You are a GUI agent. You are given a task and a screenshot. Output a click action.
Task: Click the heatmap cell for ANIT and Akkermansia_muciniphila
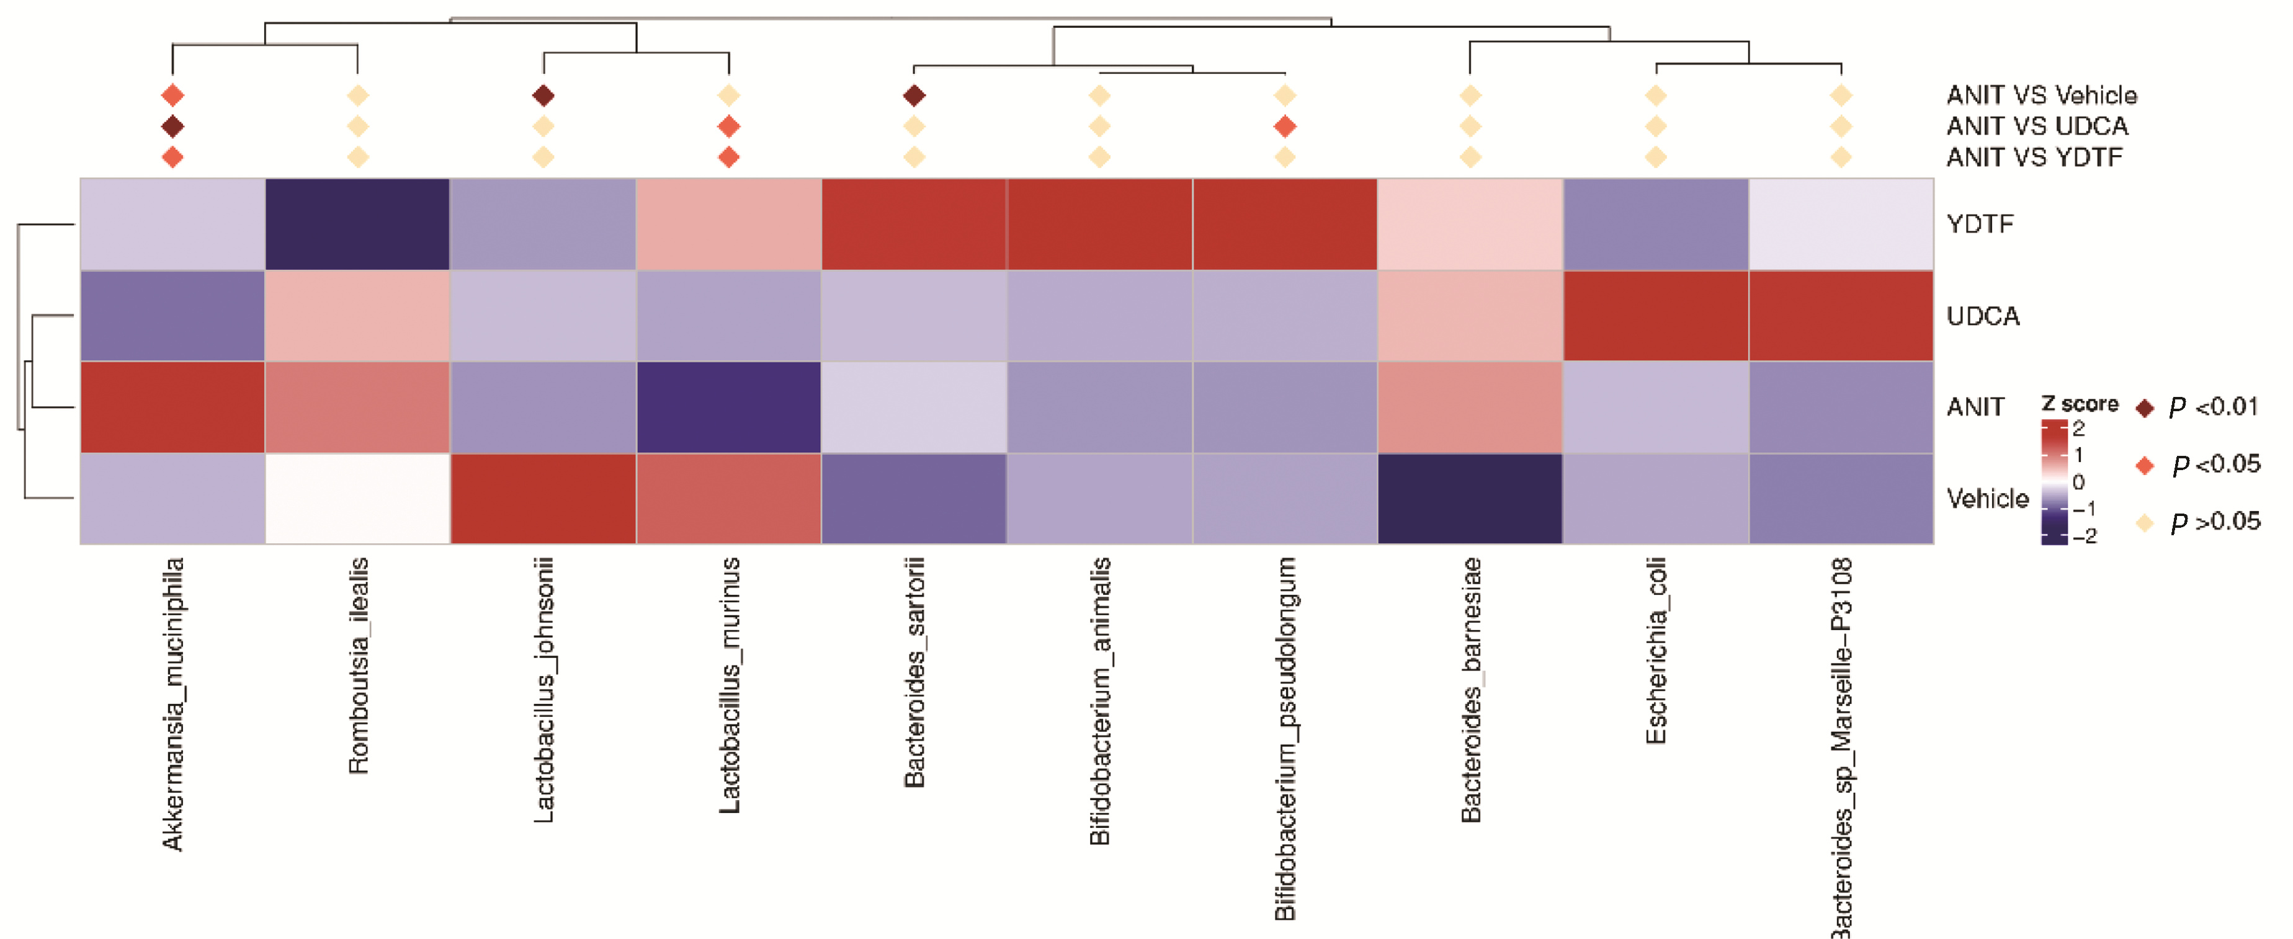172,407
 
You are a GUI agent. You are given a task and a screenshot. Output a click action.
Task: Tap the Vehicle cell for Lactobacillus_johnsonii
543,499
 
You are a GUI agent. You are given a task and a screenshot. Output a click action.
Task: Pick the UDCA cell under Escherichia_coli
1656,316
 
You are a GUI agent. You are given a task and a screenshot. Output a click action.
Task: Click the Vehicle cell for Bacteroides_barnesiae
1470,499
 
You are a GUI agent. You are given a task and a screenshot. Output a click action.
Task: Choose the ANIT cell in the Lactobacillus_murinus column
728,407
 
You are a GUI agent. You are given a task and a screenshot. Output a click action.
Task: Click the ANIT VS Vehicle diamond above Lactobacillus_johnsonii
543,96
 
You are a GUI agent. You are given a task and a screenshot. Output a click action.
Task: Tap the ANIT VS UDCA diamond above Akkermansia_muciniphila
172,127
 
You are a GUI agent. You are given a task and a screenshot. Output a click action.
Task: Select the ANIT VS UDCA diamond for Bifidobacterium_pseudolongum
1284,127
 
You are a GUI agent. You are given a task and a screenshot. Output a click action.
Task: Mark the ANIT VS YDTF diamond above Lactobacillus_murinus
728,158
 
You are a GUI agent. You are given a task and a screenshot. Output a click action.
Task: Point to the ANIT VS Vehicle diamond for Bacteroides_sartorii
914,96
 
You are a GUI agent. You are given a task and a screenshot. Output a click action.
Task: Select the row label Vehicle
1987,499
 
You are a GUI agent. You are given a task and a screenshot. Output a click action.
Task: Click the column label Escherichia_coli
1656,651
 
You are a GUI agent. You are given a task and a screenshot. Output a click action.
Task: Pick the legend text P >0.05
2215,522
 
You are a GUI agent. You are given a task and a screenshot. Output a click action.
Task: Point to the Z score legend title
2080,404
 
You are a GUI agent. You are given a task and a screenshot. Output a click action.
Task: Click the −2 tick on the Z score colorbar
2085,536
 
